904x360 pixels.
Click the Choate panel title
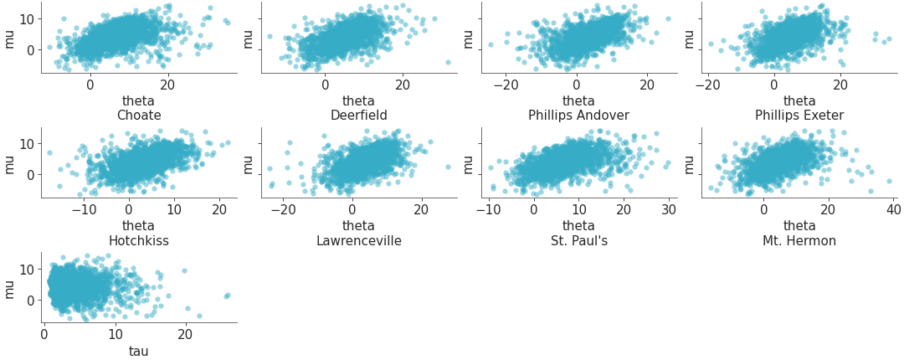pos(139,115)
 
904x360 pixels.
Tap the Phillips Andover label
pos(578,115)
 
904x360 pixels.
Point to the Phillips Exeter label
pos(799,115)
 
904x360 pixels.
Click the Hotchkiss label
pos(139,241)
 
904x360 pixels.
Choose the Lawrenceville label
pos(359,241)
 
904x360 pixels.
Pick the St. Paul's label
pos(578,241)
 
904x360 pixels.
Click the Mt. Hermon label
pos(799,241)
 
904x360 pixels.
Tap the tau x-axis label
pos(139,351)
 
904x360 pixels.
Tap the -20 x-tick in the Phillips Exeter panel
pos(708,83)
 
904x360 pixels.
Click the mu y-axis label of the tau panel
pos(9,289)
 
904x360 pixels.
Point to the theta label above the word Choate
pos(139,100)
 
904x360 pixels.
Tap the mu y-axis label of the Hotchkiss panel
pos(9,163)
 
